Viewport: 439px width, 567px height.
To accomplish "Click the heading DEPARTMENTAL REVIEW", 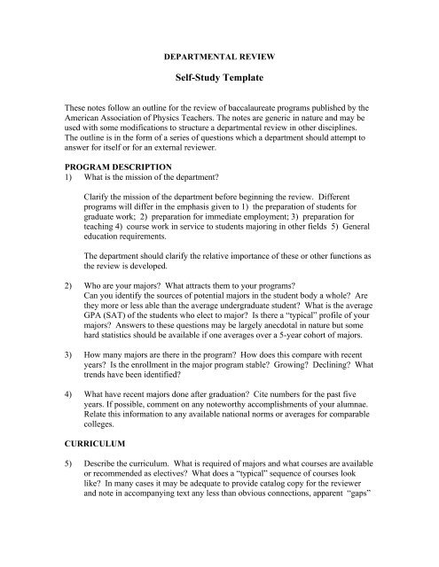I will point(220,54).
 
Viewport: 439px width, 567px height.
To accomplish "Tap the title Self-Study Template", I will point(220,78).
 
